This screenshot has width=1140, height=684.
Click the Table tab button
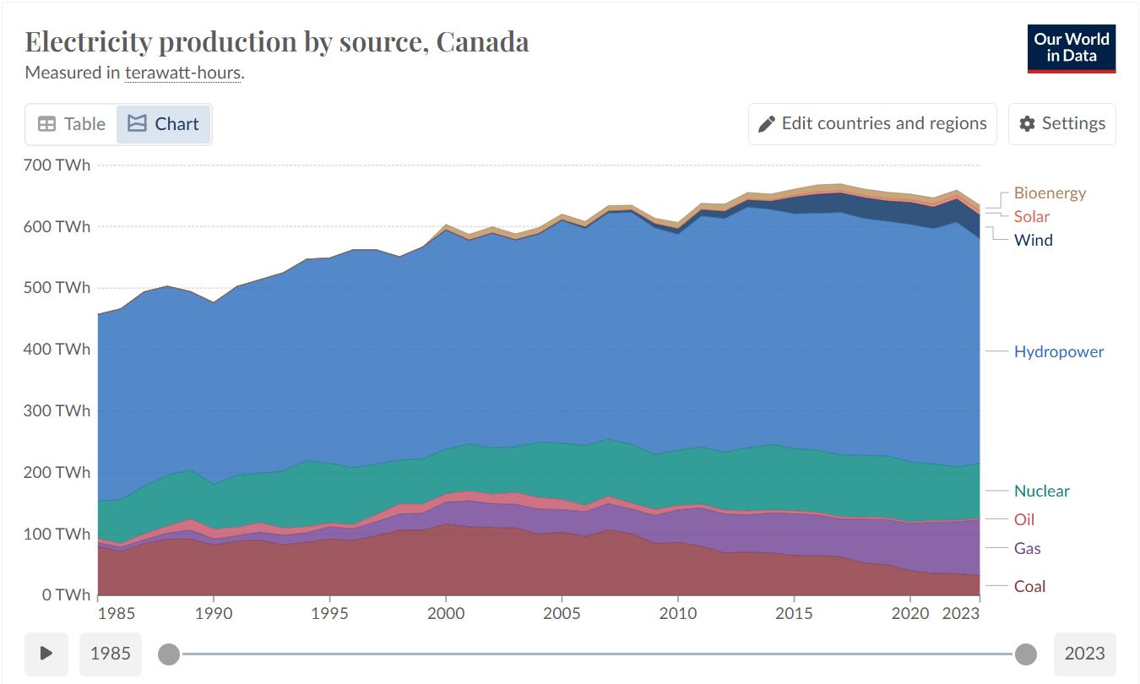(71, 124)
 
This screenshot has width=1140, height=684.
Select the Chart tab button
(163, 124)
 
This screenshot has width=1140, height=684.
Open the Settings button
(1062, 123)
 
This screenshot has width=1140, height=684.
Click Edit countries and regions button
(872, 123)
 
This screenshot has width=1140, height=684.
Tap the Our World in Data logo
(1072, 48)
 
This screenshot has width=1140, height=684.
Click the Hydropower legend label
(1059, 351)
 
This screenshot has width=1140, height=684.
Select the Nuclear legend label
(1042, 491)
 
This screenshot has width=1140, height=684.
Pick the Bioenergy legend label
(1050, 193)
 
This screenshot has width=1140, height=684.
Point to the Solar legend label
(1032, 217)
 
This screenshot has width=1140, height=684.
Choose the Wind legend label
(1033, 240)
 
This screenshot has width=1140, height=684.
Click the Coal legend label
(1029, 586)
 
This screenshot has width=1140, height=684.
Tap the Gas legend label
(1027, 549)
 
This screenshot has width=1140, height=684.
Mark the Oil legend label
(1024, 519)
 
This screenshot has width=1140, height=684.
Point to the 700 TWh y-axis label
(57, 166)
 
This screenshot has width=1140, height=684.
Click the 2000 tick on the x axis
(446, 614)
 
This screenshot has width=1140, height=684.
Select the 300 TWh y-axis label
(57, 410)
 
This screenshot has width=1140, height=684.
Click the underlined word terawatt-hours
(182, 73)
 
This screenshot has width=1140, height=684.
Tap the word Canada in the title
(482, 41)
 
